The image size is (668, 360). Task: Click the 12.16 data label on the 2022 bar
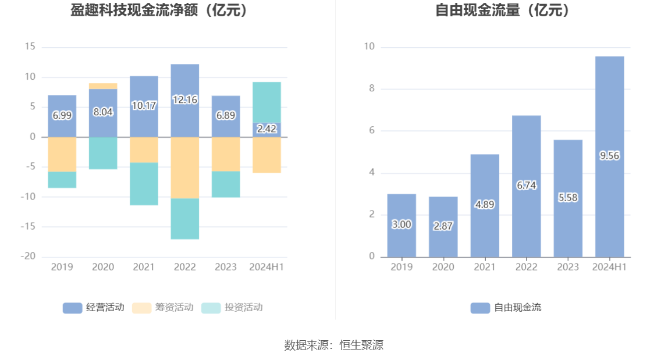184,99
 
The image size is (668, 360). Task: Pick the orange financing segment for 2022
184,167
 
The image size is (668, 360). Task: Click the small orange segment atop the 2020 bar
103,86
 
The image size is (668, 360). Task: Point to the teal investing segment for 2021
144,184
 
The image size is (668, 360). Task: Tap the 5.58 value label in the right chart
568,197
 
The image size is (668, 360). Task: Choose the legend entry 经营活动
94,308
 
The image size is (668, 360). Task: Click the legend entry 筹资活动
163,308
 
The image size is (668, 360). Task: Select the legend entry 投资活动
232,308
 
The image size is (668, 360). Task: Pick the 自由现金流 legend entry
506,308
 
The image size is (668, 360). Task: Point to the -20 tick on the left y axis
29,256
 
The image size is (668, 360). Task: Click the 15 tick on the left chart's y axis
30,47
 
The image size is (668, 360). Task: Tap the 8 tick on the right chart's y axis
371,89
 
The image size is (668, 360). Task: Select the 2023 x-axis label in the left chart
226,267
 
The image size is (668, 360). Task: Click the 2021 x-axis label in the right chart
485,267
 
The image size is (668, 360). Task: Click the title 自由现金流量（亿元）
504,10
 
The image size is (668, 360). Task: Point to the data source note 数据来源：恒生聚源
334,345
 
